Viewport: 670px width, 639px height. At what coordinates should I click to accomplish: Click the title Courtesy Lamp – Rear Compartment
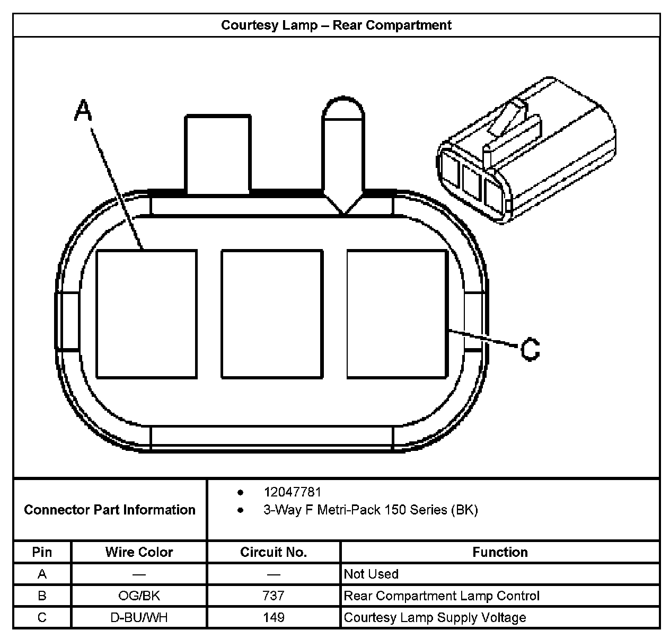tap(336, 25)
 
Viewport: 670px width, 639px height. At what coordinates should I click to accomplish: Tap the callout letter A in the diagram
tap(83, 110)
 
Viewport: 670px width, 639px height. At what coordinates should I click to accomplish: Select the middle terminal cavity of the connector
tap(272, 314)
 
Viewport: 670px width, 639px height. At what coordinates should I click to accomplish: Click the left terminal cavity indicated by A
tap(147, 314)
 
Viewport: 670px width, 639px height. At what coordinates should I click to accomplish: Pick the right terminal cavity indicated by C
tap(396, 314)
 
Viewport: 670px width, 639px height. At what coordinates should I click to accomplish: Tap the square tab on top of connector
tap(217, 154)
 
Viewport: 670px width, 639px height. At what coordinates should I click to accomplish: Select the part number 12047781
tap(293, 492)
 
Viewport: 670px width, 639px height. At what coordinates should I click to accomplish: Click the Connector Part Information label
tap(110, 510)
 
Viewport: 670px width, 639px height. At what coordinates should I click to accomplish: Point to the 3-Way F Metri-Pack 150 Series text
tap(371, 510)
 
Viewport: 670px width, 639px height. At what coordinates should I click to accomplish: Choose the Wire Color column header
tap(139, 552)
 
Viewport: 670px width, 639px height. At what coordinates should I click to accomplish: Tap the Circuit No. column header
tap(274, 552)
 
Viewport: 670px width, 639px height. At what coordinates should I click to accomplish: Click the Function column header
tap(500, 552)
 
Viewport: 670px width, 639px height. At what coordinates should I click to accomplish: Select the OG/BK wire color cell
tap(139, 596)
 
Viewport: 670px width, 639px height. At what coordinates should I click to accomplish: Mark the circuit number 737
tap(274, 596)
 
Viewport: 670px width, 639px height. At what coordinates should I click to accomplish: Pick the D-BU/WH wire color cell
tap(139, 617)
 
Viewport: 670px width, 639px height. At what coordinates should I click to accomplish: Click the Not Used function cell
tap(371, 574)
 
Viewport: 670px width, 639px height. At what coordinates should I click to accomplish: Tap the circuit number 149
tap(274, 617)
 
